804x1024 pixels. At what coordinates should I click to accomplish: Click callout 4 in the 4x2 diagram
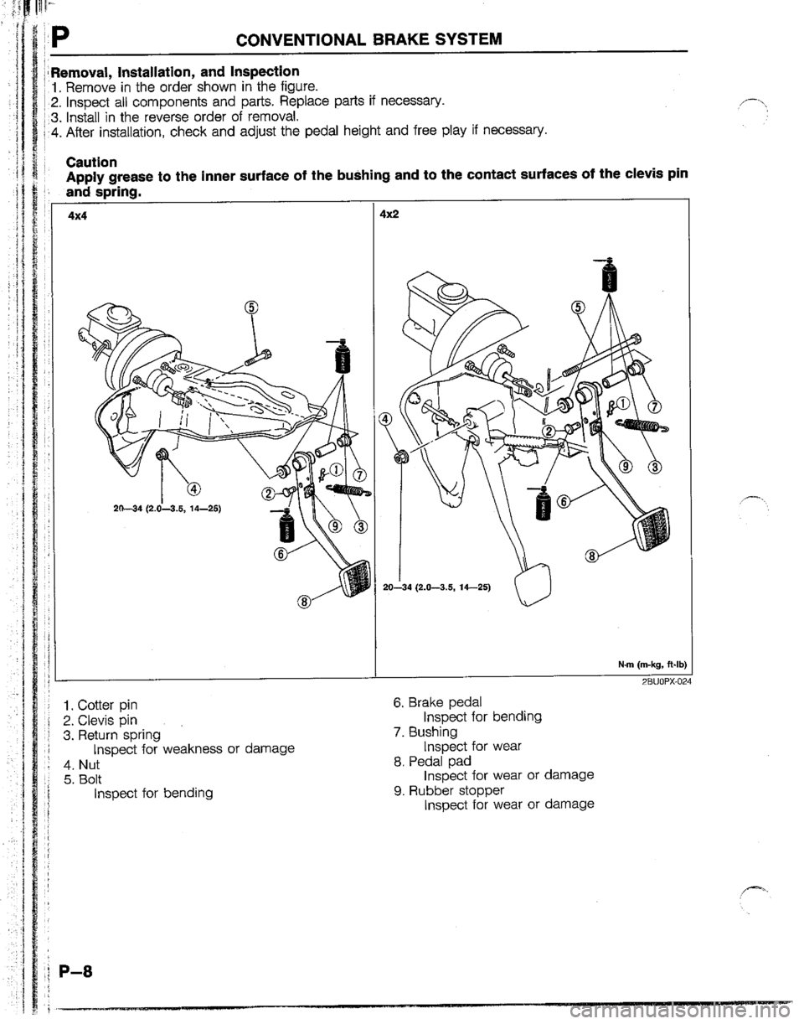click(x=384, y=419)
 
